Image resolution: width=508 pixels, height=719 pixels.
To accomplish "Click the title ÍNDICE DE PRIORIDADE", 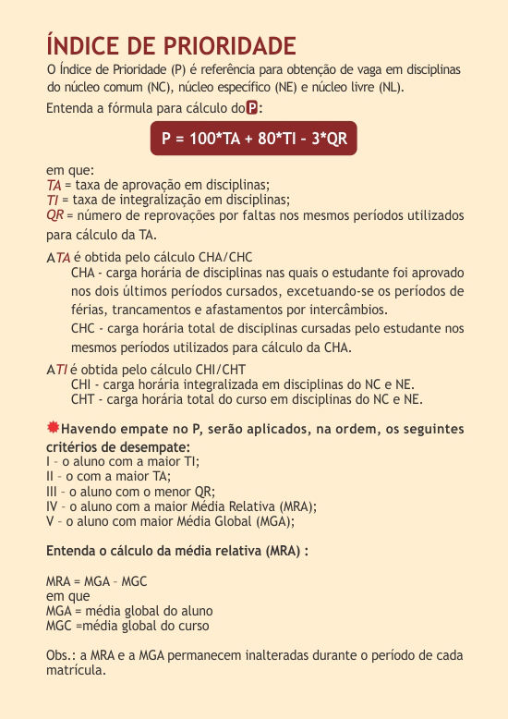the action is point(171,46).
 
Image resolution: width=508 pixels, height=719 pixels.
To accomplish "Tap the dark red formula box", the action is point(253,139).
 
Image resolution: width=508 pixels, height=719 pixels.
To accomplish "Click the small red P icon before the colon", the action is point(251,108).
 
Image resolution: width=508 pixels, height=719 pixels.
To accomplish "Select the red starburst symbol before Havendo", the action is point(53,428).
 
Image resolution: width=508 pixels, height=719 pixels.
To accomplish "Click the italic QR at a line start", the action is point(54,214).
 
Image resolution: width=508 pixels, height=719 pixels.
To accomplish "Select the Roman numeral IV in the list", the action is point(53,506).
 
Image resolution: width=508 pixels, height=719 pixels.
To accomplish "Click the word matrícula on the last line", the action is point(76,670).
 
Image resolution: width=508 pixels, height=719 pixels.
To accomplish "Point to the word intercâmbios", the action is point(346,309).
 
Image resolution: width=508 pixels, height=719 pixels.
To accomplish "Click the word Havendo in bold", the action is point(92,430).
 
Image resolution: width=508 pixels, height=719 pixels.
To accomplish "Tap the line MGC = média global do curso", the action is point(127,626).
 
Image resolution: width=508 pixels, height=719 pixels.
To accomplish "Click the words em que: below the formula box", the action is point(64,170).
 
